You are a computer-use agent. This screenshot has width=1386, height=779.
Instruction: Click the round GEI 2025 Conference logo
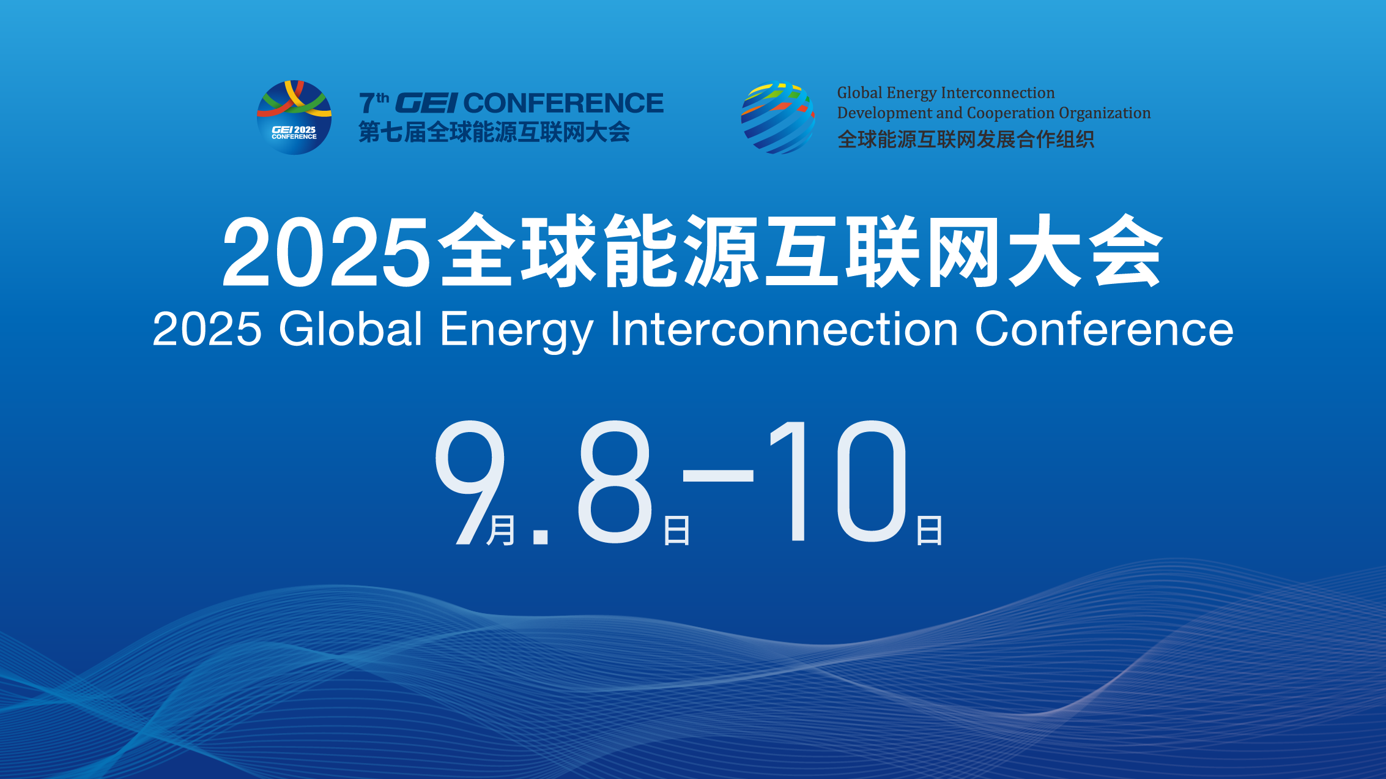[294, 117]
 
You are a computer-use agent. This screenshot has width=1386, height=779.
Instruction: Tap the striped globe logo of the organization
[778, 117]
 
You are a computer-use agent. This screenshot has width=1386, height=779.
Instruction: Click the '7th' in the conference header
[374, 103]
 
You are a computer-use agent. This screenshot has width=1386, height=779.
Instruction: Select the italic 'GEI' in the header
[426, 103]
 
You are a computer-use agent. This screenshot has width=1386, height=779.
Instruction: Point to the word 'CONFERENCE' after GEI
[563, 103]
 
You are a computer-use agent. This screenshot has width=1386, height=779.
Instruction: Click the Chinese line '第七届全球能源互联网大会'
[494, 132]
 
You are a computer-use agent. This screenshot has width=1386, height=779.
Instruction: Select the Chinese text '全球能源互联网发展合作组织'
[966, 140]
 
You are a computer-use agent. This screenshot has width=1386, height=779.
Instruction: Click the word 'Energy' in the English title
[516, 330]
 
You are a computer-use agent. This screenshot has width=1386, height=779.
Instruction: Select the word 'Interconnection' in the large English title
[784, 329]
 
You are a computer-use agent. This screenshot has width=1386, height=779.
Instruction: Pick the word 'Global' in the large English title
[350, 329]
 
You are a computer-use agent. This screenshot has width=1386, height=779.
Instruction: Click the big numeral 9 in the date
[470, 482]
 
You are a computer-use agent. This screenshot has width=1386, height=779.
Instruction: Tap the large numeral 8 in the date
[615, 482]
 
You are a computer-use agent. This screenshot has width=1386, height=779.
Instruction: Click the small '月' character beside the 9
[501, 530]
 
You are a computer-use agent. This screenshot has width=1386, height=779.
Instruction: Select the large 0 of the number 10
[871, 482]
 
